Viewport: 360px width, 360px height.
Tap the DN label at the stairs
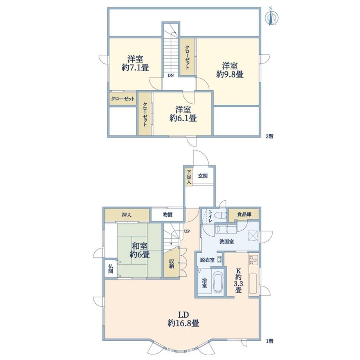(170, 76)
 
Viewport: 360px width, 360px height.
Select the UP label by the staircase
(187, 231)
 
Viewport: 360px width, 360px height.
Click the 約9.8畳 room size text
(230, 74)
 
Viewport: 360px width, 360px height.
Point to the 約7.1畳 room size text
(135, 67)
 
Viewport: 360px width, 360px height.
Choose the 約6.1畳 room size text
(183, 118)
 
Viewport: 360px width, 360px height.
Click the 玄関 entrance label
(203, 176)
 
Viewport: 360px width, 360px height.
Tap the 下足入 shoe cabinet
(189, 177)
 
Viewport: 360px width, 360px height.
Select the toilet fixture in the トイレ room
(221, 215)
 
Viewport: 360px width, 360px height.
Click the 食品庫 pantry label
(244, 214)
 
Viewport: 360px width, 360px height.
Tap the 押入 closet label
(126, 215)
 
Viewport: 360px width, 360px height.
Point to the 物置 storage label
(167, 215)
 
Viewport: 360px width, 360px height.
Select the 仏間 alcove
(111, 269)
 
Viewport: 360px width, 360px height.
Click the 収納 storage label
(171, 264)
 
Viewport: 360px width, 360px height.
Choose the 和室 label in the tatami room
(139, 246)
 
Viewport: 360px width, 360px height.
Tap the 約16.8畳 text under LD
(184, 323)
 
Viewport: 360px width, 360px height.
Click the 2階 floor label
(270, 136)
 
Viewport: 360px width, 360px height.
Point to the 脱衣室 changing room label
(207, 260)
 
